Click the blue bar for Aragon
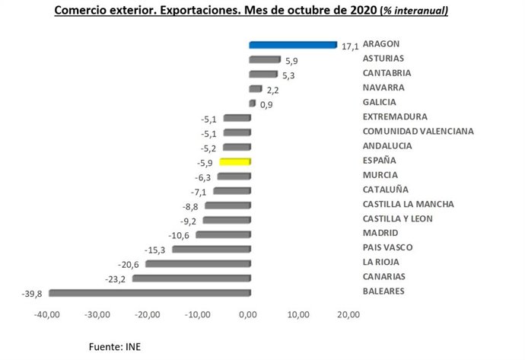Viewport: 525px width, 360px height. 292,45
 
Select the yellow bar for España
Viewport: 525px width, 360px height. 234,161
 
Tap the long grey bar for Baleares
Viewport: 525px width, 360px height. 149,292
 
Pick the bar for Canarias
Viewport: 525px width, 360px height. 191,278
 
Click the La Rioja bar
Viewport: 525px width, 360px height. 198,263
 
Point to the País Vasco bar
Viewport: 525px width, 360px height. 211,249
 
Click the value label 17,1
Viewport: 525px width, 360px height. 349,46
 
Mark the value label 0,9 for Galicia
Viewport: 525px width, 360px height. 266,104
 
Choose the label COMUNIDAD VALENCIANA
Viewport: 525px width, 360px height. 418,132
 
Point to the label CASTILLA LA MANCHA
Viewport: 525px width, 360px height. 409,205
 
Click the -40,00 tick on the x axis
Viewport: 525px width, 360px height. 48,314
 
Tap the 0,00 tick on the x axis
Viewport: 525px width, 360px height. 249,314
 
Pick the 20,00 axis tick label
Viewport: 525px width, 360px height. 348,314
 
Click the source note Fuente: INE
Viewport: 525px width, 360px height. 115,346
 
